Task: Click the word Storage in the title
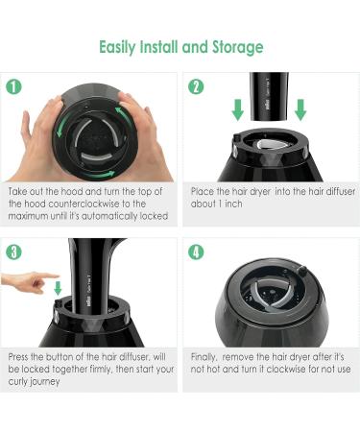tap(238, 47)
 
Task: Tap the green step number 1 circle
tap(13, 86)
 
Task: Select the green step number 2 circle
tap(196, 86)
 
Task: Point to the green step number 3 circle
tap(13, 252)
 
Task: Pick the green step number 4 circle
tap(196, 252)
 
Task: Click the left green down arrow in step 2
tap(237, 109)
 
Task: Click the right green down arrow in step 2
tap(300, 109)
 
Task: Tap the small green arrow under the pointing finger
tap(58, 288)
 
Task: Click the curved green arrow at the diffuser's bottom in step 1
tap(98, 175)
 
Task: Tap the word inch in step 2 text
tap(233, 204)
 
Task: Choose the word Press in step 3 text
tap(18, 357)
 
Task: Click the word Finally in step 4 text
tap(204, 357)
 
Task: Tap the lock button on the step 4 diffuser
tap(301, 271)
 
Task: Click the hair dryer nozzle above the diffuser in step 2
tap(269, 96)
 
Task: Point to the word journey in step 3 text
tap(46, 382)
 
